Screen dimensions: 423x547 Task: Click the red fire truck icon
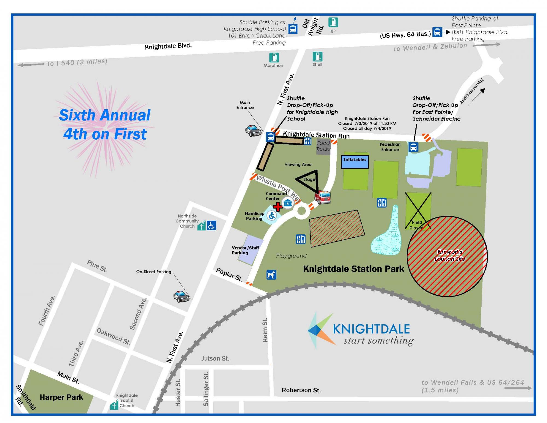click(323, 197)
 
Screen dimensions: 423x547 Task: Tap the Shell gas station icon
click(318, 57)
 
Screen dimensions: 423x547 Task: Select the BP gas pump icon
click(333, 22)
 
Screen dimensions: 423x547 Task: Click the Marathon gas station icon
click(274, 57)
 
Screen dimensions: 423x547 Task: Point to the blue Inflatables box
click(355, 162)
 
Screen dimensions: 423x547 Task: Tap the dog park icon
click(271, 275)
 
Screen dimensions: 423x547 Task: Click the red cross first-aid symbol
click(278, 207)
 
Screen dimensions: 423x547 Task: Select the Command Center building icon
click(288, 203)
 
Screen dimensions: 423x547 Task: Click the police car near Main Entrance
click(253, 130)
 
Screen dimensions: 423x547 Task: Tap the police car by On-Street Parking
click(181, 297)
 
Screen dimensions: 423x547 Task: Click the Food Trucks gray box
click(323, 146)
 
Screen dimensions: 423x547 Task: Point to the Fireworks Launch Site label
click(450, 255)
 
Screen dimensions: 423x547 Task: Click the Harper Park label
click(61, 397)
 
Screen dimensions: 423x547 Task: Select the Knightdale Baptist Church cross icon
click(114, 405)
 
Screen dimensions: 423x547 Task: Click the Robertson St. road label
click(301, 390)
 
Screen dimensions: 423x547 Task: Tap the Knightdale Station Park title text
click(353, 269)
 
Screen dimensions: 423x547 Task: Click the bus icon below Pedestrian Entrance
click(413, 147)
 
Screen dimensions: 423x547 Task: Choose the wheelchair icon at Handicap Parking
click(272, 216)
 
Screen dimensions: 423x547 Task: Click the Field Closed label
click(417, 225)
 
